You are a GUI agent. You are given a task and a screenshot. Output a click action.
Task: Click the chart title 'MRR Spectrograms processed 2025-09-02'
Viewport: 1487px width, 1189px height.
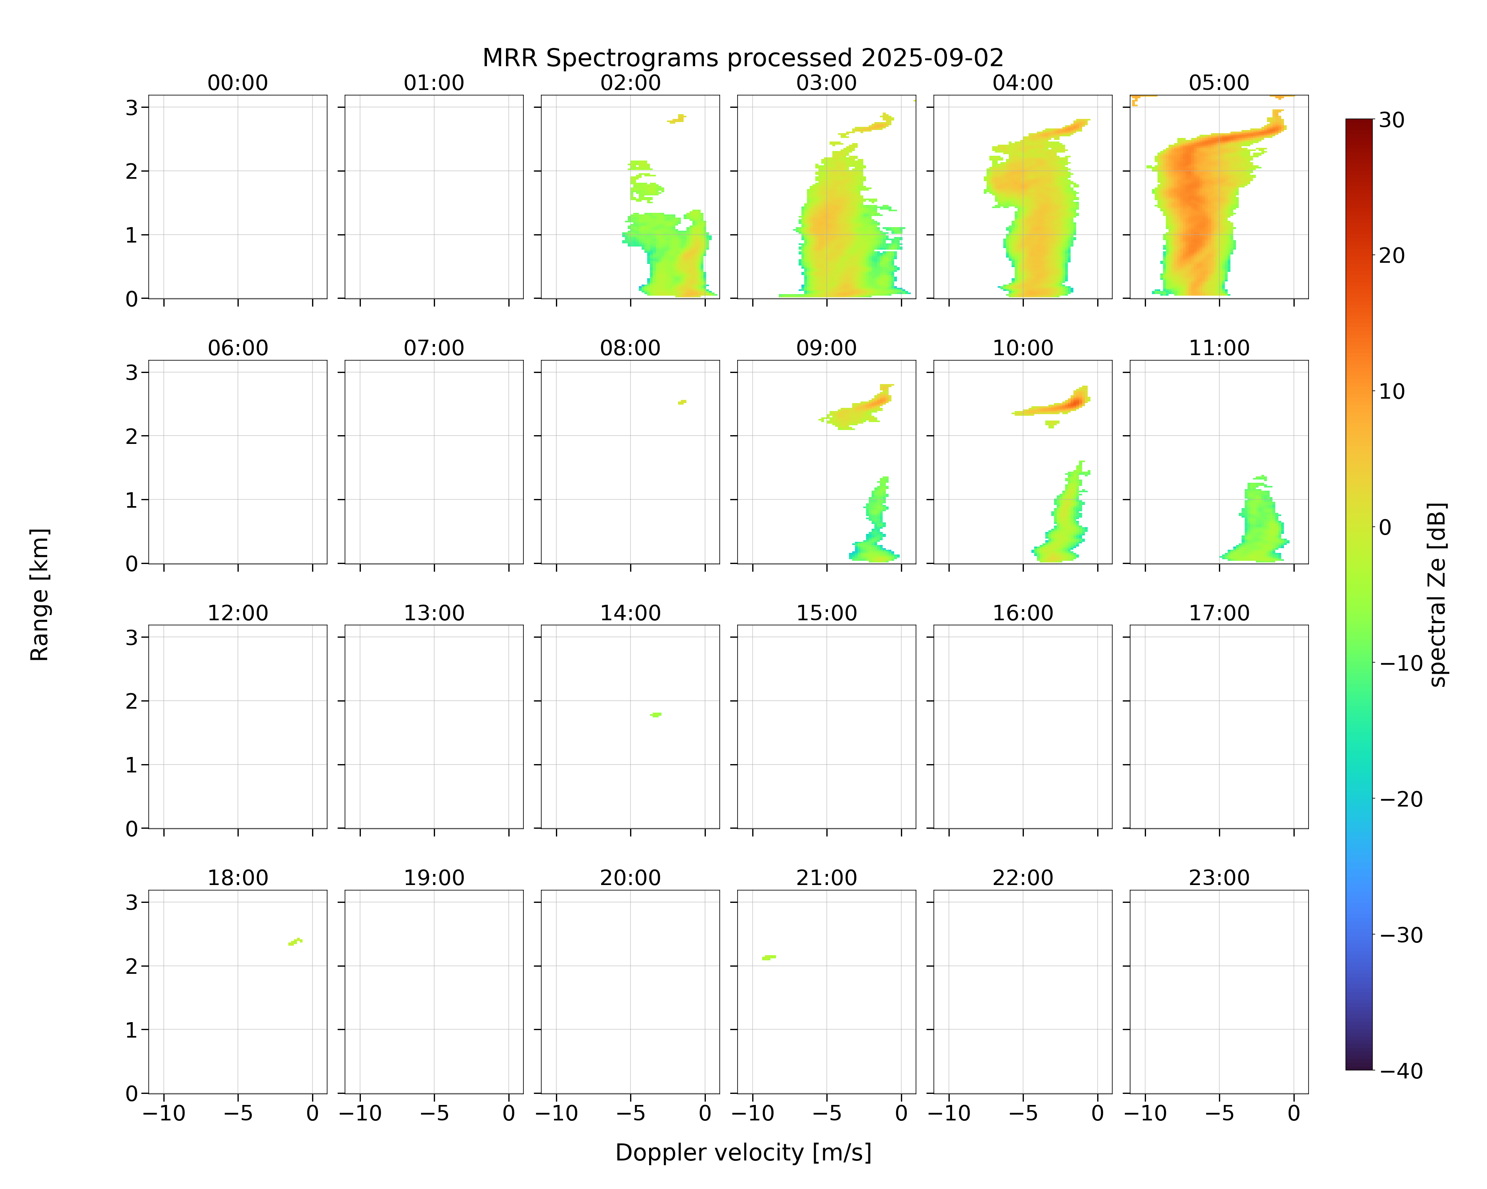pos(743,58)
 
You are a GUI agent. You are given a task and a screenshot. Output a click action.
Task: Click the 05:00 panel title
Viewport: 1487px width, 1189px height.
pos(1219,83)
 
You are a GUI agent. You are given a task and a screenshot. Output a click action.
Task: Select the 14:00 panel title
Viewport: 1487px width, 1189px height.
pos(630,613)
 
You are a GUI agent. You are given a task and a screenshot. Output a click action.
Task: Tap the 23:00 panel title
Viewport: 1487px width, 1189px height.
pos(1219,877)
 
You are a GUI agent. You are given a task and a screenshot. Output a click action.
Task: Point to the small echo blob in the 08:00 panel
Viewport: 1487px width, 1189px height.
pos(682,402)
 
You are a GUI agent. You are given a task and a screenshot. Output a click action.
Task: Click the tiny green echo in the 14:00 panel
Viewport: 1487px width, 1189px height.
pos(656,715)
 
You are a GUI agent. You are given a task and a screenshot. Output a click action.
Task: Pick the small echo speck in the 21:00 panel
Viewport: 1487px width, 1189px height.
pos(769,958)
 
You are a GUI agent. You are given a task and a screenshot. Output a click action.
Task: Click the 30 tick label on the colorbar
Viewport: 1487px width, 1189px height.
pos(1392,120)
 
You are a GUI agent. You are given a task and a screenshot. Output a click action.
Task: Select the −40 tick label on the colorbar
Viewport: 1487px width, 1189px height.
pos(1401,1071)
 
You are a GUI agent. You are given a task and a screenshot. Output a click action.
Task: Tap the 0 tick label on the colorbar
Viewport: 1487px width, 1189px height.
pos(1385,527)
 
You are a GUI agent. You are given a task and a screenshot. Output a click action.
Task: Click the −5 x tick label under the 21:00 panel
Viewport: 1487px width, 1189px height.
pos(826,1113)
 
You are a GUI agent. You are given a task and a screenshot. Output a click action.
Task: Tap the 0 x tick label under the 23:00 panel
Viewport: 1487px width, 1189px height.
pos(1294,1113)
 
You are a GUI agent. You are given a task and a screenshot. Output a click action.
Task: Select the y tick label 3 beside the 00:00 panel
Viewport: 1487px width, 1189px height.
pos(132,107)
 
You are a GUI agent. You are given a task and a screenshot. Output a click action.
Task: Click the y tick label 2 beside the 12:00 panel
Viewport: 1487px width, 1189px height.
pos(132,701)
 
